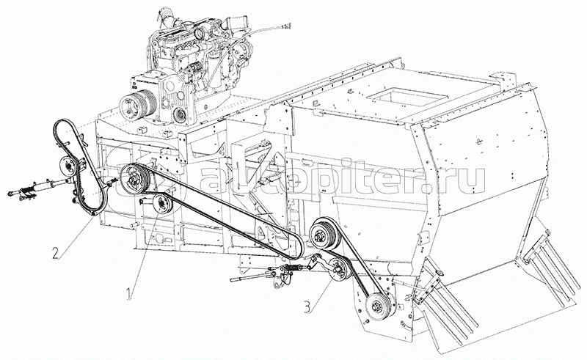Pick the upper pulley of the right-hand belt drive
(321, 236)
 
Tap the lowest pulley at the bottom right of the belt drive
(379, 303)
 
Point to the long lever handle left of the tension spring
(253, 279)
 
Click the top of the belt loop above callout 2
(62, 122)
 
